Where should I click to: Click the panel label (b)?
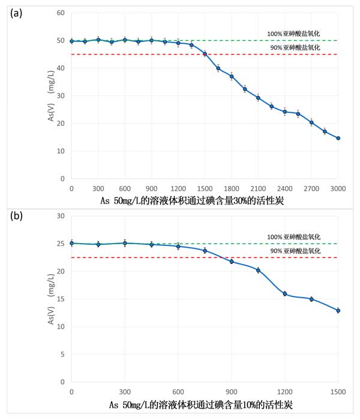16,217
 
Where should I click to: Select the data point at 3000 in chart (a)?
338,138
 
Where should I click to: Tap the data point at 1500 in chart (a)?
205,54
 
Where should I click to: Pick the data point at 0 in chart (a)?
71,41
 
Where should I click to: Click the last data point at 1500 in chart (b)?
338,310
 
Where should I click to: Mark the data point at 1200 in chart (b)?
284,293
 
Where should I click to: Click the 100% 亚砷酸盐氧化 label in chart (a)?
294,34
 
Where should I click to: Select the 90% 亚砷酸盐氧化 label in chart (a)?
294,47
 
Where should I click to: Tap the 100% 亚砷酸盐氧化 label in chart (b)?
294,237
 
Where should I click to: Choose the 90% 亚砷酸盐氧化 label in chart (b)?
294,251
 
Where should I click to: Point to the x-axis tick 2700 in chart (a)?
311,188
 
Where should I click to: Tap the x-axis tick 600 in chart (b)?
178,391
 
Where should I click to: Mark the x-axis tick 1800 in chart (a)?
232,188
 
